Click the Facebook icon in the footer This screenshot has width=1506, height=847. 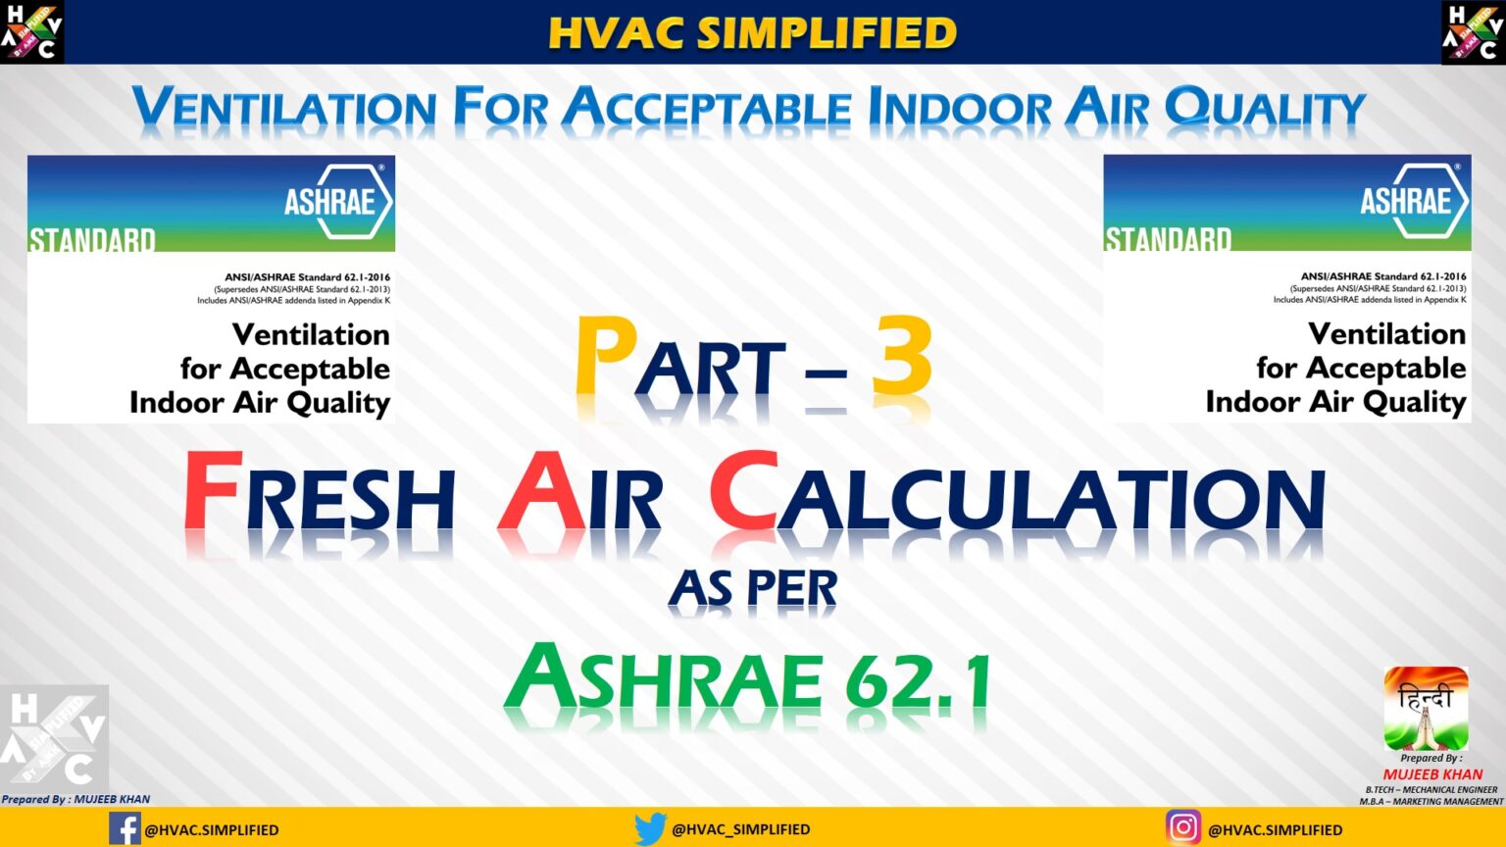[125, 828]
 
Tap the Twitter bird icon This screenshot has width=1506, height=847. [649, 828]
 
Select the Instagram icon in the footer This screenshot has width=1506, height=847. [1182, 828]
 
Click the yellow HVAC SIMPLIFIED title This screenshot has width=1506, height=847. [752, 32]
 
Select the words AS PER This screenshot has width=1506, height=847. [753, 588]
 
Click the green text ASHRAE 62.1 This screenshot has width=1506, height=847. [747, 679]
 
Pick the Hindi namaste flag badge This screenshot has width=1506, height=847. [1426, 708]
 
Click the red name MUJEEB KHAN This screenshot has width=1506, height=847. [1432, 774]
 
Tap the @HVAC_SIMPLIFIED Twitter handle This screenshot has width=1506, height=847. [740, 829]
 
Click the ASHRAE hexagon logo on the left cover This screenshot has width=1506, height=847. [337, 202]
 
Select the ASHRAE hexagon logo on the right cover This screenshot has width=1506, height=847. [1414, 201]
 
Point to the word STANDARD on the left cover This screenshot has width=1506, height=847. [92, 240]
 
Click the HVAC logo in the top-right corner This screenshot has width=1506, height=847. [1473, 32]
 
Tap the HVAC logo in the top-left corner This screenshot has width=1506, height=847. [32, 32]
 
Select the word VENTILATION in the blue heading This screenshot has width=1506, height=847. [284, 108]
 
